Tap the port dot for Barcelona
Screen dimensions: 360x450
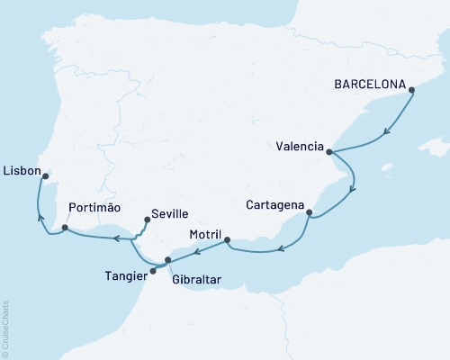tap(411, 89)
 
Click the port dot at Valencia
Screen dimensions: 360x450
tap(328, 153)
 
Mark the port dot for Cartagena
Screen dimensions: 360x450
tap(310, 213)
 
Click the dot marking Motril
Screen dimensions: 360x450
tap(227, 239)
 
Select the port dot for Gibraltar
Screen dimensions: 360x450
tap(168, 260)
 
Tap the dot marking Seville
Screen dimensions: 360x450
tap(146, 219)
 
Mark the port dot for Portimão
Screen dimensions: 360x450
tap(66, 229)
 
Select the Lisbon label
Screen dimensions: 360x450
tap(20, 169)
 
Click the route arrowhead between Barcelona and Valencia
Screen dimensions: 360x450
tap(387, 132)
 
